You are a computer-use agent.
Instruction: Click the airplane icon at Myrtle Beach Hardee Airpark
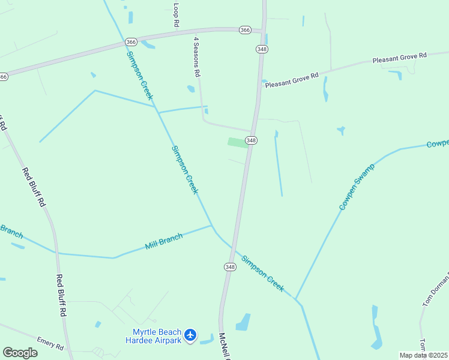(190, 335)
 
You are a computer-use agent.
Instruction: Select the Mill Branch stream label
(163, 242)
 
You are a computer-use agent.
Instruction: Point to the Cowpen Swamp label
(357, 187)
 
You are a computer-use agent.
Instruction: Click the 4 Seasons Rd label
(196, 56)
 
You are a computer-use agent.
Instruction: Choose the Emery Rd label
(50, 343)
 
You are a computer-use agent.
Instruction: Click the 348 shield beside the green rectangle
(251, 140)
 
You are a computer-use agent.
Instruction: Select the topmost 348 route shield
(261, 48)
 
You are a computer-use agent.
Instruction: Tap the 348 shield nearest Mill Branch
(230, 266)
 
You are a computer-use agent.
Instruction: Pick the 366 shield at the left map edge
(3, 76)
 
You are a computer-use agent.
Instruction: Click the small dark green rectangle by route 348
(237, 142)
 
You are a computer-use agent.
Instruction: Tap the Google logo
(20, 353)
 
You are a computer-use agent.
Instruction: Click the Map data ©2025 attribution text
(423, 355)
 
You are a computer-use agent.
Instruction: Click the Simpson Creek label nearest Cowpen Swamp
(262, 274)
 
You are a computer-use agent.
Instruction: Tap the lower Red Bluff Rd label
(61, 295)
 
